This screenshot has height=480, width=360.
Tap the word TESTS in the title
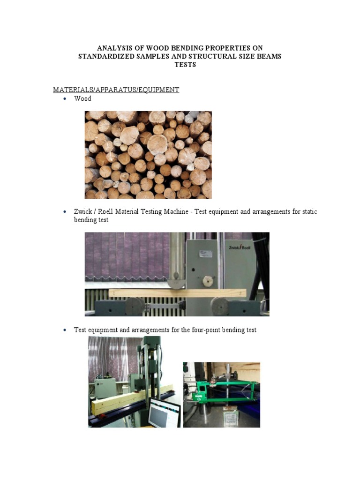pos(185,65)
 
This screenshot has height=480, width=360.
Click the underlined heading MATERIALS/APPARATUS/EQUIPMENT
pos(116,90)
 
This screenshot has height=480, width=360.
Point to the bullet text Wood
pos(82,99)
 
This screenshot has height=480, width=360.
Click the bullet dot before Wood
pos(65,99)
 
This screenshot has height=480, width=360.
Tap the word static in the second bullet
pos(308,212)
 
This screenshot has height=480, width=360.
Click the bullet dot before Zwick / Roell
pos(65,212)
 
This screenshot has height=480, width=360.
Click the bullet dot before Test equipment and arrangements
pos(65,330)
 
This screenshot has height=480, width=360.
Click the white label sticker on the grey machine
pos(205,253)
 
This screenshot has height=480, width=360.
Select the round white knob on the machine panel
pos(207,280)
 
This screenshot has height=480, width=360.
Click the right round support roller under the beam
pos(219,306)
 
